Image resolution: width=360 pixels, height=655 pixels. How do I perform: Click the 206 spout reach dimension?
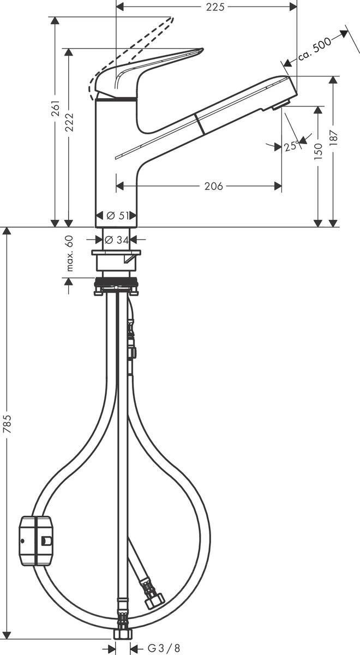[x=213, y=187]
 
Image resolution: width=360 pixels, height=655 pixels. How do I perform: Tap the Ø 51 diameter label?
[x=117, y=216]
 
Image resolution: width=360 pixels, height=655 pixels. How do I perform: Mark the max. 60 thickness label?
[x=69, y=253]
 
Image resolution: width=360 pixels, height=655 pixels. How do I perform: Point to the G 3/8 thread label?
[x=161, y=648]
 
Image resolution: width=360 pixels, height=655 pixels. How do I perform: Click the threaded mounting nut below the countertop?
[x=116, y=283]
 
